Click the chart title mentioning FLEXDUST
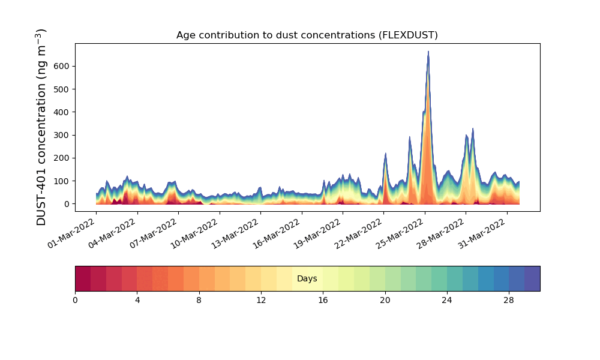[x=307, y=35]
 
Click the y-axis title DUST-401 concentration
[x=41, y=127]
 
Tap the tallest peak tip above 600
[x=428, y=52]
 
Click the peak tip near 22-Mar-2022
[x=385, y=154]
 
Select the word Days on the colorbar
[x=307, y=279]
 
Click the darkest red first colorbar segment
[x=83, y=278]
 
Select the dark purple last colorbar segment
[x=532, y=278]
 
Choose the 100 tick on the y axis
[x=63, y=181]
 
